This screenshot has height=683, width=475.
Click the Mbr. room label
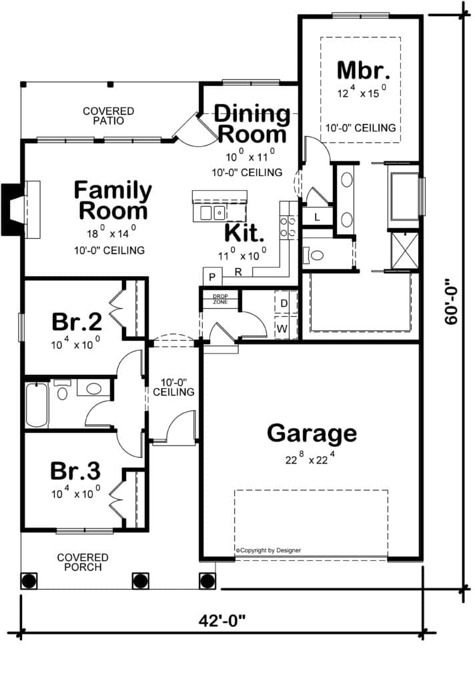[x=363, y=70]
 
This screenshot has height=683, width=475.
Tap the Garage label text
[x=312, y=434]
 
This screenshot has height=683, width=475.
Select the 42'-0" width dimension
[x=221, y=620]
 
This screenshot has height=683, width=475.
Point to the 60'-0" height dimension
[x=452, y=301]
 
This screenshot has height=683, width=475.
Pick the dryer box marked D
[x=284, y=302]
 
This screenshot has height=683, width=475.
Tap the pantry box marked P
[x=212, y=277]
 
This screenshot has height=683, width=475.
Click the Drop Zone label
[x=220, y=299]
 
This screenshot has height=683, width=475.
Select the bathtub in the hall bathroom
[x=37, y=405]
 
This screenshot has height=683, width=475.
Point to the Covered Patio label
[x=109, y=116]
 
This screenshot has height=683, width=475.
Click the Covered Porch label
[x=83, y=562]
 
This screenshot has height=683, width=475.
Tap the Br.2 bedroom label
[x=77, y=322]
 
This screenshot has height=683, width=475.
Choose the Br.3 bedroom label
[x=75, y=471]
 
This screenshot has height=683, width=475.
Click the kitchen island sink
[x=212, y=213]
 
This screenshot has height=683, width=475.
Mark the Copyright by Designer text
[x=268, y=550]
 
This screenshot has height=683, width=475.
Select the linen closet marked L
[x=318, y=217]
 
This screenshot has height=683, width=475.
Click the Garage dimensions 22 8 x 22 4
[x=310, y=458]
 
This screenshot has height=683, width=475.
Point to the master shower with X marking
[x=404, y=251]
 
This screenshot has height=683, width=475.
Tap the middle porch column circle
[x=140, y=581]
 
